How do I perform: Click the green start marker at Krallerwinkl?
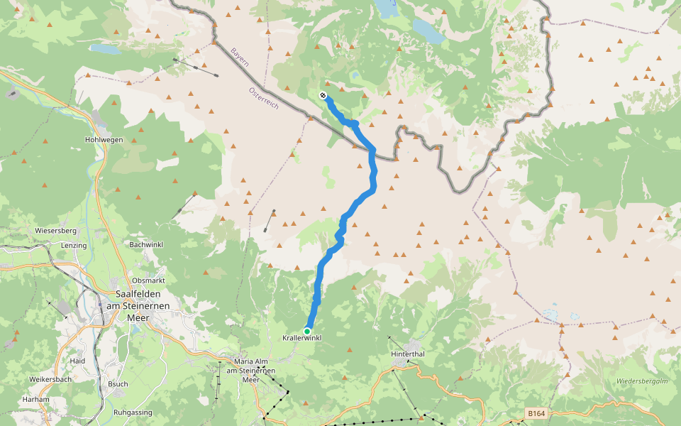[x=307, y=331]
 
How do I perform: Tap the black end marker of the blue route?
[x=323, y=95]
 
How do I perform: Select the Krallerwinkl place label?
[x=302, y=339]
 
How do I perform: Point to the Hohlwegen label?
[x=104, y=140]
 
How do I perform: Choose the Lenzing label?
[x=74, y=246]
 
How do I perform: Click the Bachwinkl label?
[x=147, y=245]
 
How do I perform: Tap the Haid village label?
[x=78, y=361]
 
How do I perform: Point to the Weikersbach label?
[x=50, y=379]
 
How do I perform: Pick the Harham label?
[x=36, y=399]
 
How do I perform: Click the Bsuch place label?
[x=118, y=384]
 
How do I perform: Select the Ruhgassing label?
[x=134, y=412]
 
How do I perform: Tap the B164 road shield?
[x=536, y=413]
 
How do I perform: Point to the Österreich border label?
[x=263, y=97]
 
